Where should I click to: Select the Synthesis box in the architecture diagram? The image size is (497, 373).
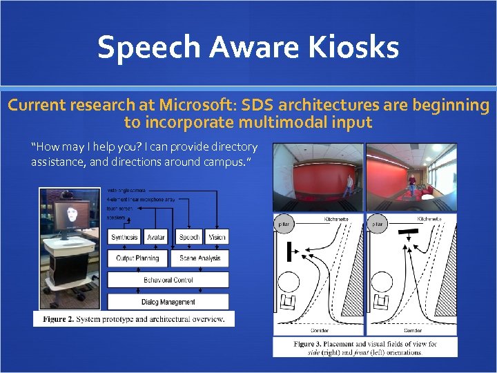[x=124, y=238]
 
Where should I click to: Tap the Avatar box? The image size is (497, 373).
[x=157, y=238]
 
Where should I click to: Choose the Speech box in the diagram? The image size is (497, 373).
[x=189, y=238]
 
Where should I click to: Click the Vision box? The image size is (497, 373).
[x=217, y=238]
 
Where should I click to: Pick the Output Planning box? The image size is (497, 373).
[x=137, y=258]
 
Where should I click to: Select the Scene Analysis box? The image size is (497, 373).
[x=200, y=258]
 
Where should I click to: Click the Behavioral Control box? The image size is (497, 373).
[x=168, y=280]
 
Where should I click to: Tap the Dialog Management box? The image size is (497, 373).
[x=168, y=302]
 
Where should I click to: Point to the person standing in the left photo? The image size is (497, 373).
[x=349, y=184]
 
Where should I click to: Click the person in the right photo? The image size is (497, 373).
[x=411, y=182]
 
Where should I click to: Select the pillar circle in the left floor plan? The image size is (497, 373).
[x=284, y=224]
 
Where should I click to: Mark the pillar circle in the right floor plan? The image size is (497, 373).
[x=377, y=224]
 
